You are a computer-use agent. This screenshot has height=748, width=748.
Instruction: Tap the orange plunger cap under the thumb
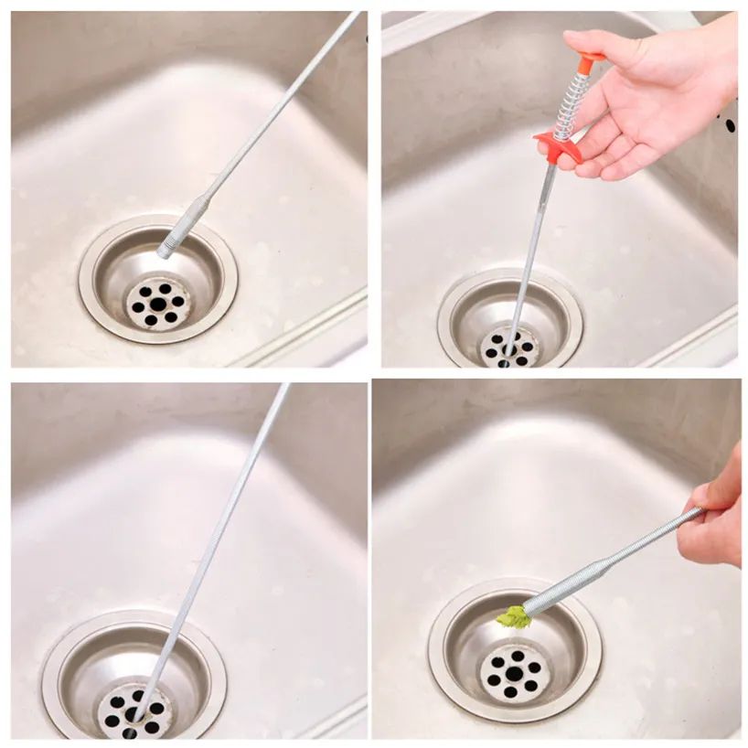[588, 59]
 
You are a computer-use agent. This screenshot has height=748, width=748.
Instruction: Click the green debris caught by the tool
[514, 619]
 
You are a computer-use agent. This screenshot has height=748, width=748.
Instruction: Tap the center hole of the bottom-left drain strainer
[131, 715]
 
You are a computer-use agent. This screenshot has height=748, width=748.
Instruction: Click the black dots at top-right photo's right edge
[729, 122]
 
